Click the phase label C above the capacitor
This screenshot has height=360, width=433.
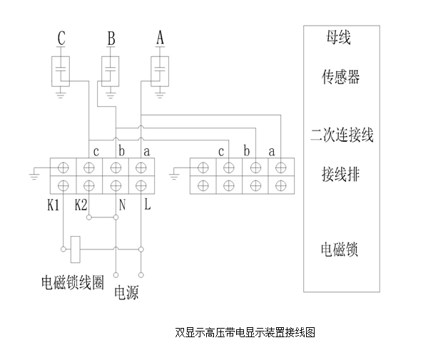(61, 38)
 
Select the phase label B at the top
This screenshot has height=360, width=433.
(111, 38)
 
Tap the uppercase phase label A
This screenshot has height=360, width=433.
(161, 37)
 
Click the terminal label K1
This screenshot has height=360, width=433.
(54, 205)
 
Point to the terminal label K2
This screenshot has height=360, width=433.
(81, 205)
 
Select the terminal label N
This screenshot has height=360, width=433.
(122, 205)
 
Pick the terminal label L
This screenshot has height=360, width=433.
(148, 205)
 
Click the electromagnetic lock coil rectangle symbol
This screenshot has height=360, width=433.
(76, 250)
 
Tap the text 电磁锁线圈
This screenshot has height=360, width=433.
(73, 283)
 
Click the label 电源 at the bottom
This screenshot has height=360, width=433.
(126, 292)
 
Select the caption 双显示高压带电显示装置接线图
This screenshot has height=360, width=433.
(245, 332)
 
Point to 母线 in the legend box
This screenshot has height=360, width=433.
(339, 37)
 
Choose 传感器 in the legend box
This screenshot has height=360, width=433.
(341, 77)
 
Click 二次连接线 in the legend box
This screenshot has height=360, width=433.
(342, 135)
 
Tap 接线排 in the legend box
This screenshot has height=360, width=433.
(341, 175)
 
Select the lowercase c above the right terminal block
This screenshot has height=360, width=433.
(221, 152)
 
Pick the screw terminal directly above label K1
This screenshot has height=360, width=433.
(63, 185)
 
